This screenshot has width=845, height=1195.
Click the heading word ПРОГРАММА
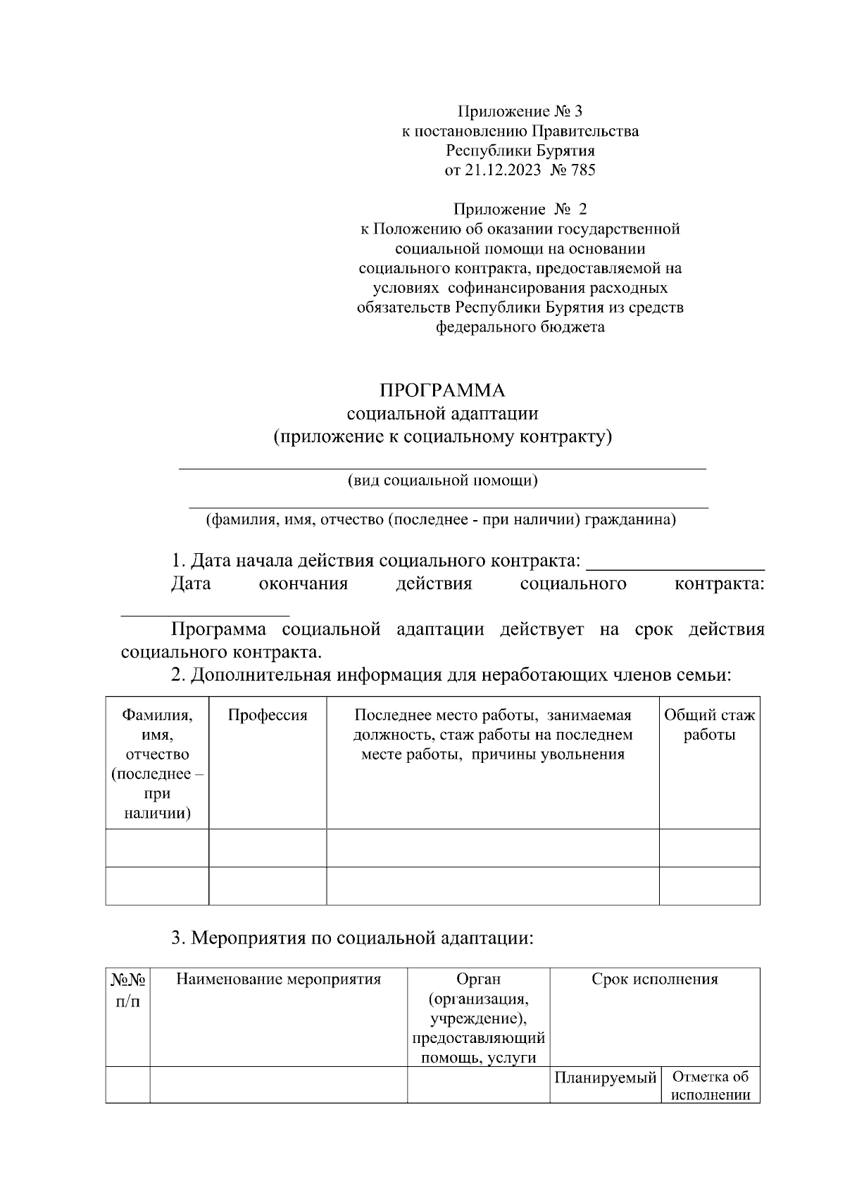coord(442,391)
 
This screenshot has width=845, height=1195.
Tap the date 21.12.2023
coord(503,170)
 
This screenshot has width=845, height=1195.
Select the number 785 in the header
coord(582,170)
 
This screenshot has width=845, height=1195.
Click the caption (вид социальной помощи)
coord(442,481)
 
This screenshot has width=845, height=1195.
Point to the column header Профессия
coord(268,715)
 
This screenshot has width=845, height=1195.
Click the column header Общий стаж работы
coord(709,725)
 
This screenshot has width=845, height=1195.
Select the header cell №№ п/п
coord(127,989)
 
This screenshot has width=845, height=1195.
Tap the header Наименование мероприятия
coord(278,979)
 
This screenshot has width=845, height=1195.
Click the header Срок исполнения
coord(654,979)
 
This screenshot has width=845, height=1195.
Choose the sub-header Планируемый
coord(605,1077)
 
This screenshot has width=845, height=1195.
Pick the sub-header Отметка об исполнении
coord(710,1086)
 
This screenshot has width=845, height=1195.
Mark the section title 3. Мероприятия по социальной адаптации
coord(352,938)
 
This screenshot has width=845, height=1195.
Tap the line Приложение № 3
coord(520,111)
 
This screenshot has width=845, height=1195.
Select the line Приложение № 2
coord(520,209)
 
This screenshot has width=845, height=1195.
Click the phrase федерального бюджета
coord(520,327)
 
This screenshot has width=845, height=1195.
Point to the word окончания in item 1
coord(303,584)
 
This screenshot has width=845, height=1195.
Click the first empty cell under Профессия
coord(268,847)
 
